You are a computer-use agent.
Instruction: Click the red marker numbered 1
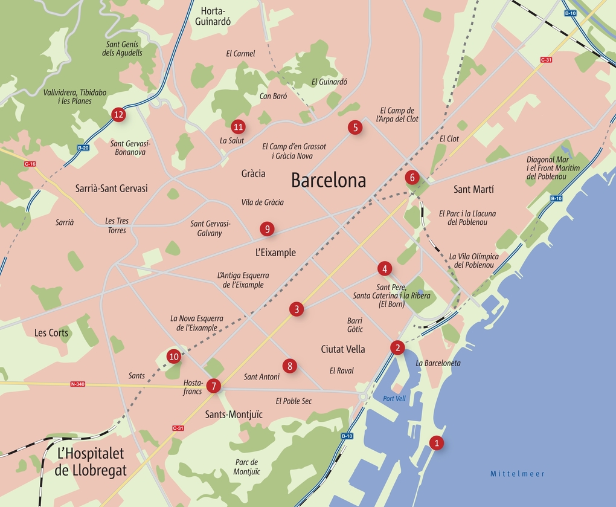(x=436, y=443)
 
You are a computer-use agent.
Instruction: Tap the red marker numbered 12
(x=118, y=114)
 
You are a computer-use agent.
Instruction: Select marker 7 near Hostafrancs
(x=213, y=386)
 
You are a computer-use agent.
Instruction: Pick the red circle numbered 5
(x=355, y=127)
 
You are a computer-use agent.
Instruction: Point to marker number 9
(x=267, y=228)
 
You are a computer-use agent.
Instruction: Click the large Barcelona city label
(x=329, y=180)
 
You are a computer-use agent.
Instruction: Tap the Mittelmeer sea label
(x=518, y=474)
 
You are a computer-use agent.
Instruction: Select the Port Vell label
(x=394, y=398)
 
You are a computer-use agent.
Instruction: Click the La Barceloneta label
(x=438, y=363)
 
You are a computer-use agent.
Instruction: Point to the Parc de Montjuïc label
(x=247, y=467)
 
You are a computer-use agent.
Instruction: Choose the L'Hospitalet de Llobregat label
(x=91, y=462)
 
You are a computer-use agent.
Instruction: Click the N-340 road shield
(x=78, y=384)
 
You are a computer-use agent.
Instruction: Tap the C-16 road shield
(x=30, y=164)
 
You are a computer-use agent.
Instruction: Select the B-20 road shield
(x=83, y=147)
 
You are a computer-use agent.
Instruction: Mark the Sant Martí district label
(x=473, y=190)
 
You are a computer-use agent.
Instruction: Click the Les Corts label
(x=51, y=333)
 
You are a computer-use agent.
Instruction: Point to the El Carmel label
(x=240, y=54)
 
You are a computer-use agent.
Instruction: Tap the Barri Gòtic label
(x=355, y=325)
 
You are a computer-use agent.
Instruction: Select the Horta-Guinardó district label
(x=213, y=16)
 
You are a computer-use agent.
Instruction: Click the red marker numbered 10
(x=174, y=357)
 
